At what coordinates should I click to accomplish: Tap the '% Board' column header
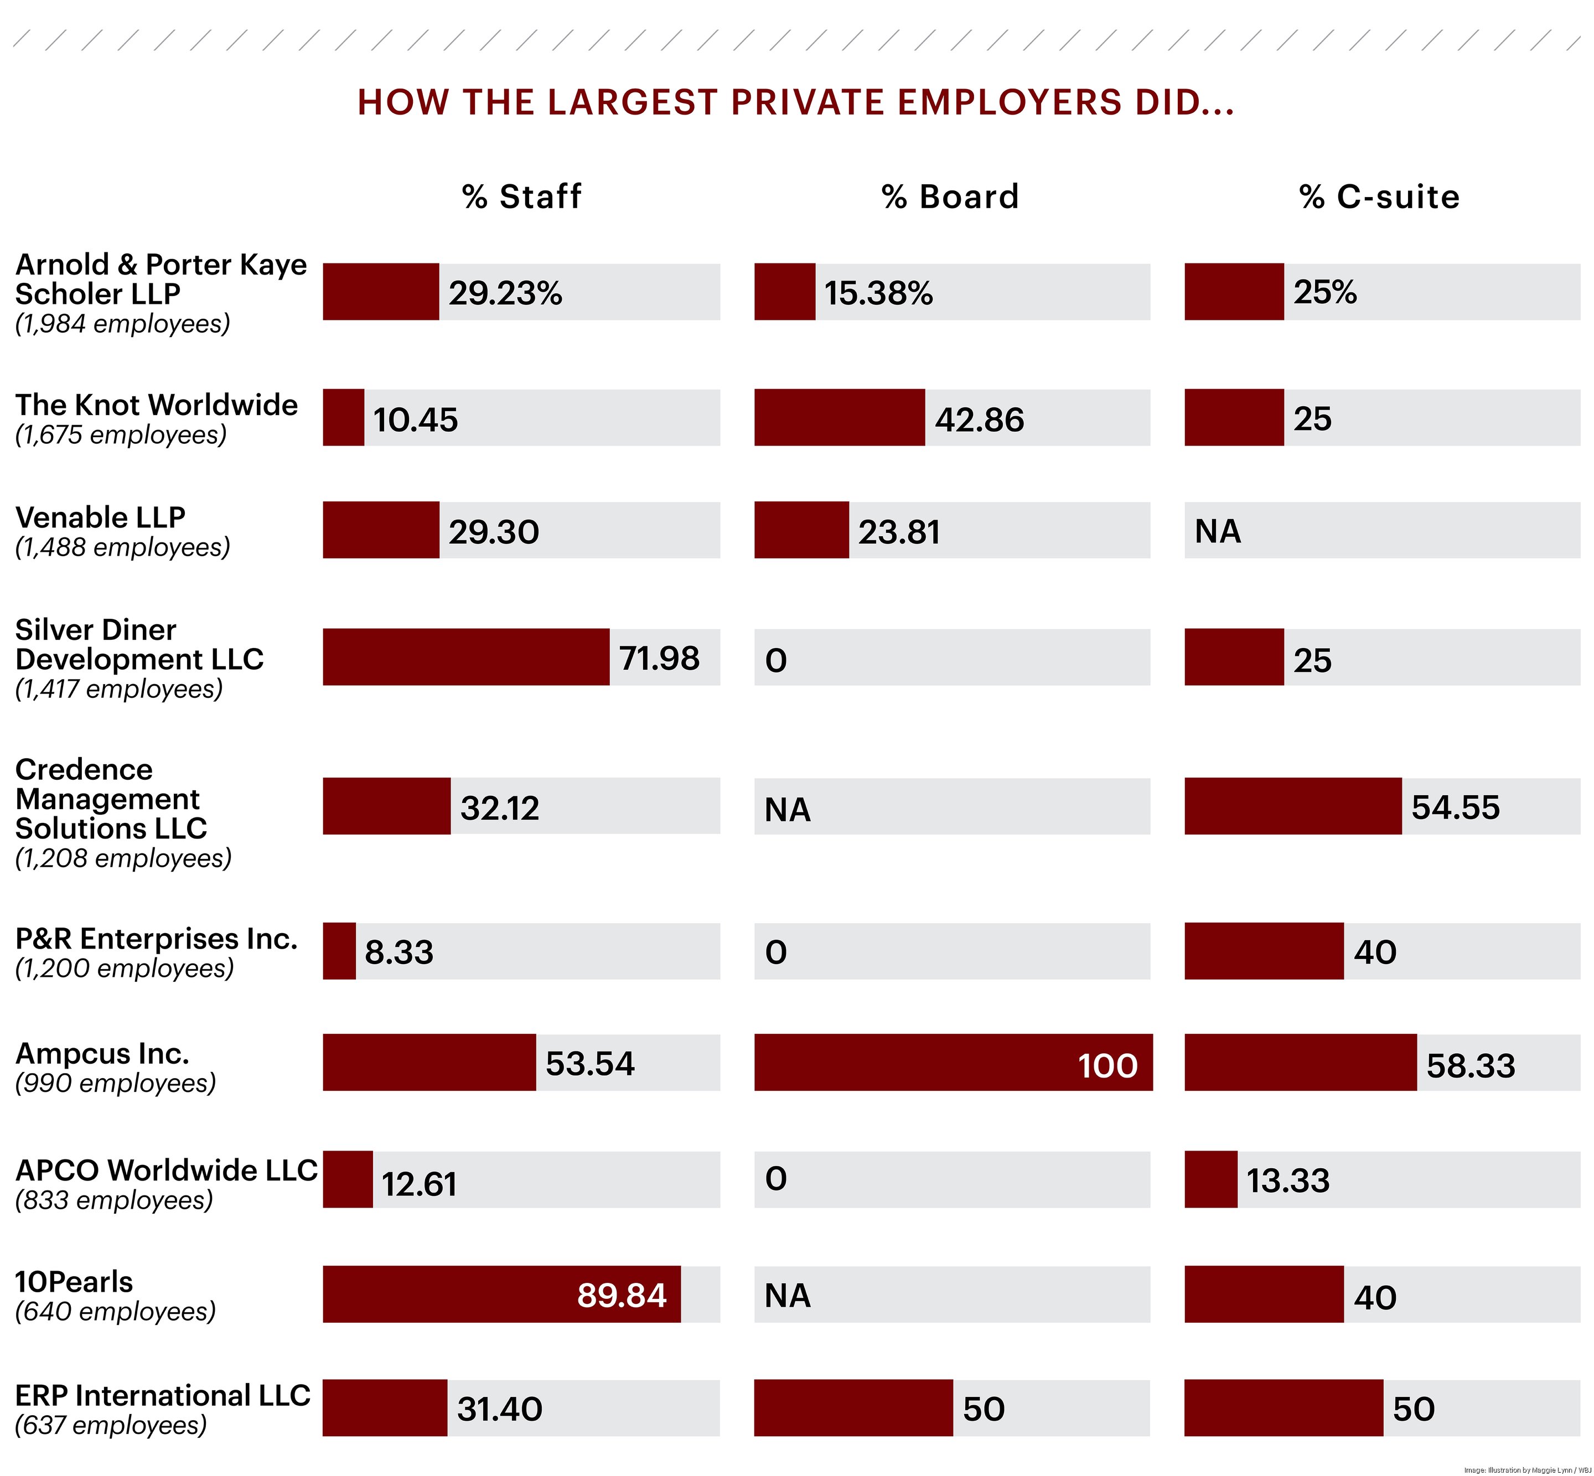[950, 196]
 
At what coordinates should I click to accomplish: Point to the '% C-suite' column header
[1379, 196]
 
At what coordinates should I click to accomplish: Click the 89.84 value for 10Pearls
[622, 1294]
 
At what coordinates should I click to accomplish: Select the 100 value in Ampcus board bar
[1107, 1065]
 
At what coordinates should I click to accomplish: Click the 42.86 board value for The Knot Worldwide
[979, 420]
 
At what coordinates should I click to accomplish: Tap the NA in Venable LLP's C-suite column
[1217, 531]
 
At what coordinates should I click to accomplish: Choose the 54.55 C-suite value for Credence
[1455, 807]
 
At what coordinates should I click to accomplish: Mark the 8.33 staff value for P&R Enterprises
[398, 952]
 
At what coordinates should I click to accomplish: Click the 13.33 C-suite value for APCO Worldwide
[1287, 1180]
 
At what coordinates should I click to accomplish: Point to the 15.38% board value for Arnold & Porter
[878, 293]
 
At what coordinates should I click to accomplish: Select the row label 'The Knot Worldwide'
[157, 405]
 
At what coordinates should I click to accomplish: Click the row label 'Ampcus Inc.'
[102, 1054]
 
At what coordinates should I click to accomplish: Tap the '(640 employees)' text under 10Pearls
[116, 1312]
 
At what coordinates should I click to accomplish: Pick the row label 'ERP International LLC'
[162, 1395]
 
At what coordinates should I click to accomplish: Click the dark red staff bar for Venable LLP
[381, 530]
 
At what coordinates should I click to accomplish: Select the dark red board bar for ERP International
[853, 1408]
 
